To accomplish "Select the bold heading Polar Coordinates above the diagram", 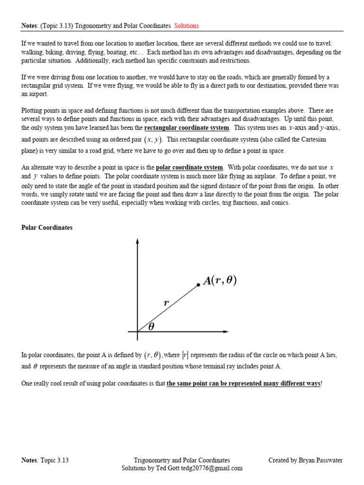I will pos(47,227).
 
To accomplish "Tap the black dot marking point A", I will pos(198,285).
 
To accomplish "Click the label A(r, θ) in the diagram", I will pos(219,281).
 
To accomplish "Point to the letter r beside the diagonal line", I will pos(166,303).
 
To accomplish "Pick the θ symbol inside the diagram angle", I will pos(151,326).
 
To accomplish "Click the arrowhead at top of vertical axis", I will pos(137,241).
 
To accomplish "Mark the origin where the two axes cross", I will pos(137,332).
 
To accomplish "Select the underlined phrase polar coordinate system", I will pos(189,167).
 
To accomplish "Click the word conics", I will pos(281,203).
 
